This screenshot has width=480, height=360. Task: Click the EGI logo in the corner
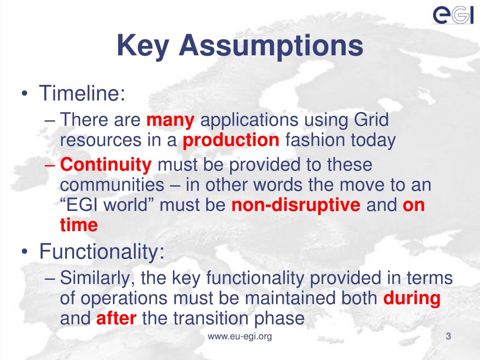click(453, 15)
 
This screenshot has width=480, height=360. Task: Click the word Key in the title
click(142, 46)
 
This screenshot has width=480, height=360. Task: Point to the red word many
click(170, 121)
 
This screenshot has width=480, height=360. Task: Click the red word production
click(231, 140)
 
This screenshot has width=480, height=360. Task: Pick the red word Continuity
click(106, 165)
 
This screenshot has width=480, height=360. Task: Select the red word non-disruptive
click(296, 205)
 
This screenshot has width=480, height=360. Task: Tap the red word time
click(79, 225)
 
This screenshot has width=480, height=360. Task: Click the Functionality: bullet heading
click(102, 252)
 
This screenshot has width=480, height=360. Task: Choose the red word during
click(412, 298)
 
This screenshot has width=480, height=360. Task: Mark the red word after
click(116, 319)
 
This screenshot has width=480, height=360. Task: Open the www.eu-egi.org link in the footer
click(240, 337)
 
